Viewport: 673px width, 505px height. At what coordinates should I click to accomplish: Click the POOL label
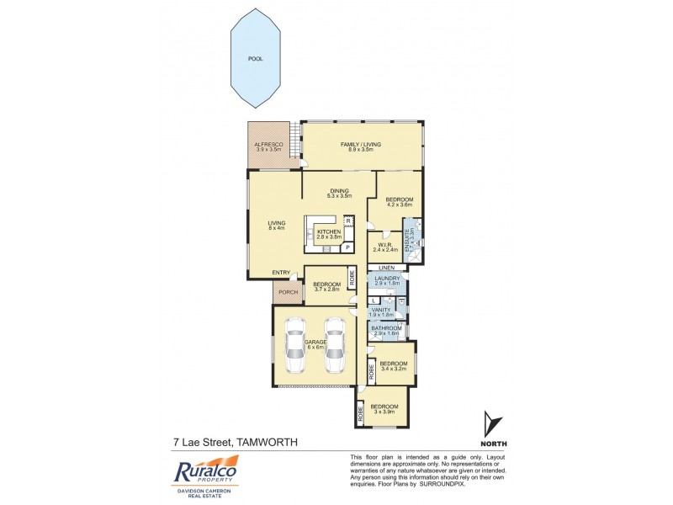[255, 60]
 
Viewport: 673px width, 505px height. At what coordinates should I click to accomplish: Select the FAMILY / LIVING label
[360, 145]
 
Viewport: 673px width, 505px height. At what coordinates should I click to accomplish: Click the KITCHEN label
[329, 231]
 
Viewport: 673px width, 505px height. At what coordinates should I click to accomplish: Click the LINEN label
[386, 268]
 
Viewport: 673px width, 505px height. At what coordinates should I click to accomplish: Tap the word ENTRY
[281, 272]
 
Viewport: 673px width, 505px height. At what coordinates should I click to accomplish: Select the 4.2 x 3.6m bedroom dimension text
[400, 205]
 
